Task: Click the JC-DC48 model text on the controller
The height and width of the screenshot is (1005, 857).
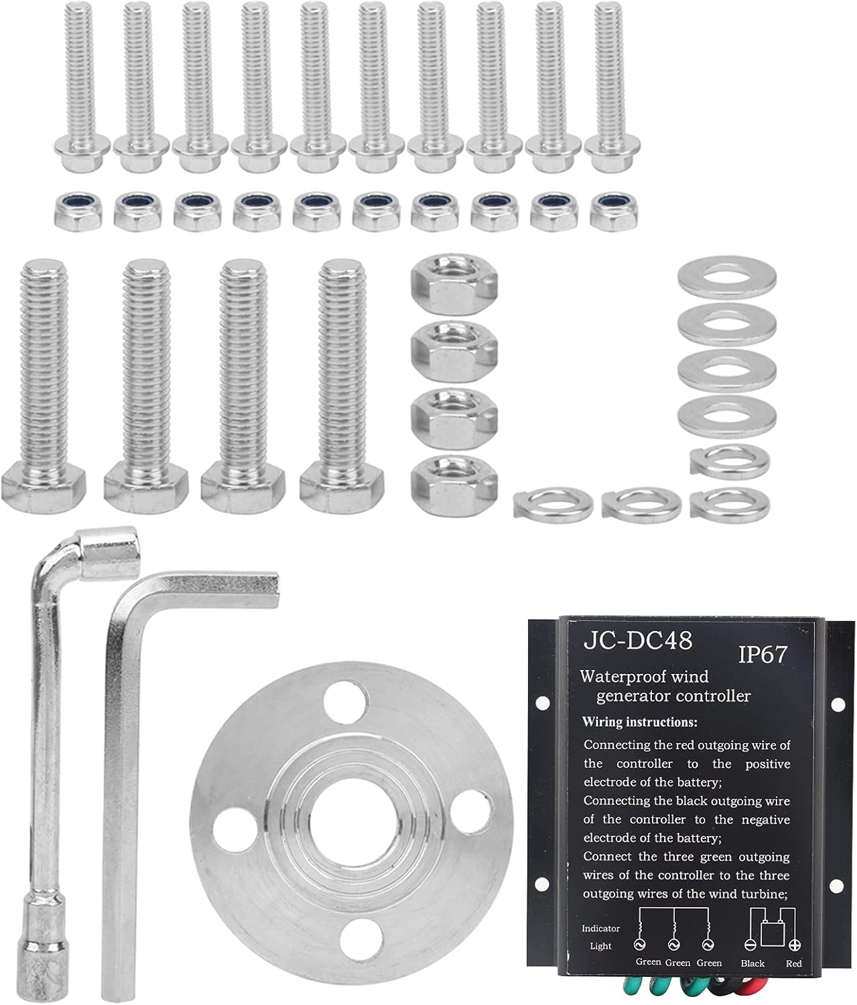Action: click(x=637, y=641)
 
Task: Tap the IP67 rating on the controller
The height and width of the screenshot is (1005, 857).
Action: click(x=763, y=655)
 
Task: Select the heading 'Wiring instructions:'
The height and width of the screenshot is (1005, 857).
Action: click(x=640, y=722)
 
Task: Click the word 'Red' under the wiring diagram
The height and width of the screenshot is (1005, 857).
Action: click(x=794, y=963)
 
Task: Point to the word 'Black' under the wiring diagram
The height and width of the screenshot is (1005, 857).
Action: click(x=752, y=963)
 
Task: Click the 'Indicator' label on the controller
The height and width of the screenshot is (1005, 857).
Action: click(x=600, y=928)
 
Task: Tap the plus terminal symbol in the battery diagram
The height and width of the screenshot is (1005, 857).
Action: click(x=795, y=945)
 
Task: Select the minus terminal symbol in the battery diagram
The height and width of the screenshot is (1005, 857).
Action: click(x=750, y=945)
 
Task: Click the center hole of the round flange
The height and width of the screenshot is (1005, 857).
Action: click(x=350, y=825)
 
